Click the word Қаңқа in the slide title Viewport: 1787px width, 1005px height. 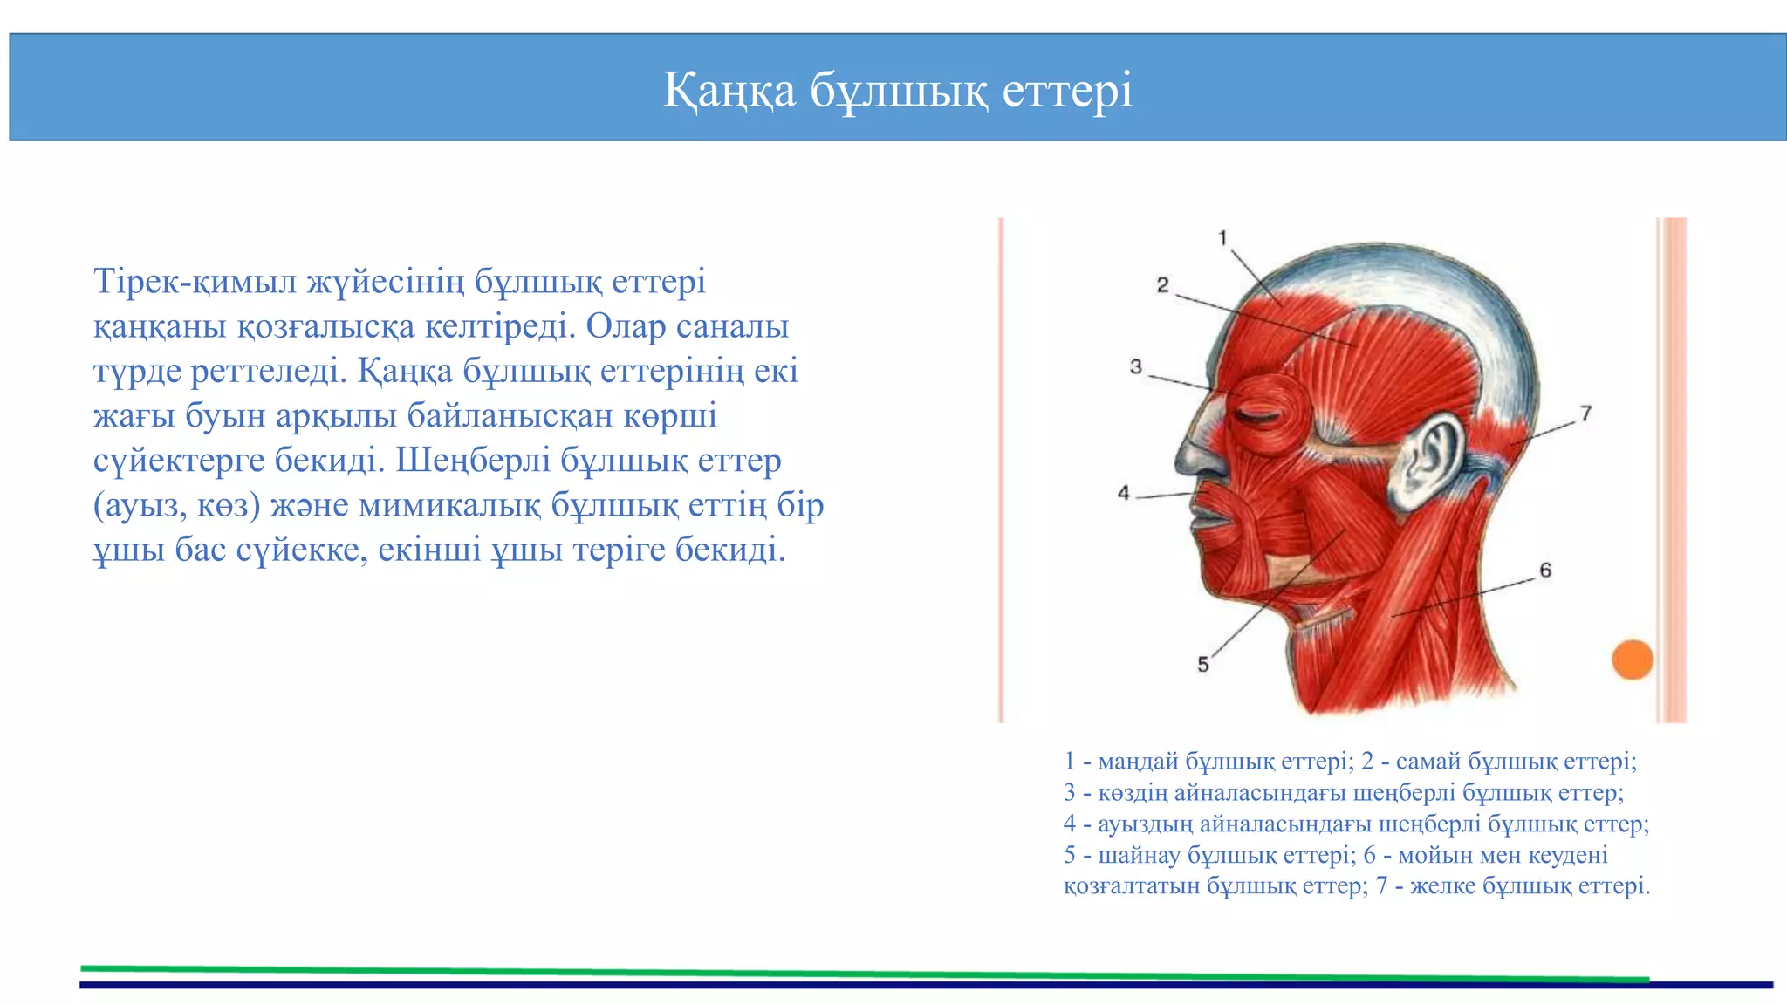pyautogui.click(x=729, y=91)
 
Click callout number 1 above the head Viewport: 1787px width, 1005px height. pyautogui.click(x=1222, y=238)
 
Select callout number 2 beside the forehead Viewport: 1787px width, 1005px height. pyautogui.click(x=1162, y=285)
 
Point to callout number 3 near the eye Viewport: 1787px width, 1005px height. pyautogui.click(x=1135, y=366)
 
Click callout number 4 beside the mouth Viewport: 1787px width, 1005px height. pyautogui.click(x=1124, y=494)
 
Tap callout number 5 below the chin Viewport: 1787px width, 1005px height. pyautogui.click(x=1202, y=665)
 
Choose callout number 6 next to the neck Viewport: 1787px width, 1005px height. pyautogui.click(x=1545, y=571)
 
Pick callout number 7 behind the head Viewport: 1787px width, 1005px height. pyautogui.click(x=1585, y=414)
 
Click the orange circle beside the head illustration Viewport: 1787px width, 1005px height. pyautogui.click(x=1632, y=660)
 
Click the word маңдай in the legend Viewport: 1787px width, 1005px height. pyautogui.click(x=1137, y=762)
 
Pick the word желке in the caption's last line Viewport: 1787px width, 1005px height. pyautogui.click(x=1441, y=886)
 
